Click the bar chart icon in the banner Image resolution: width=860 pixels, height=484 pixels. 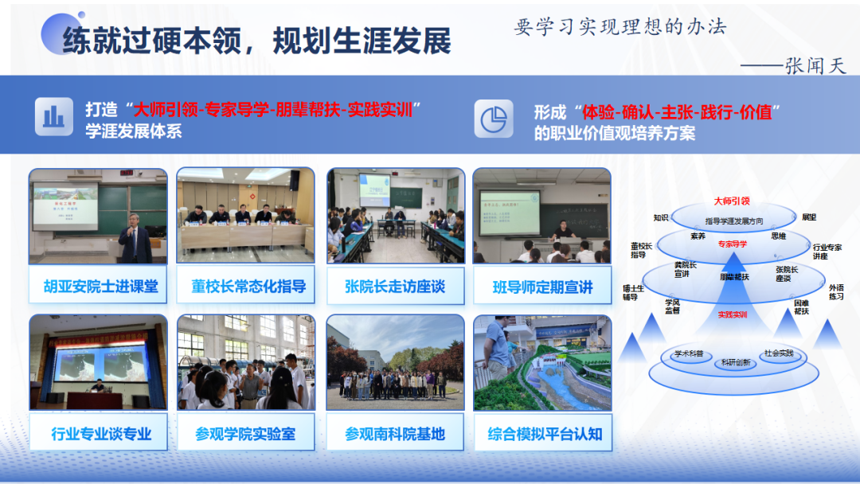[x=54, y=118]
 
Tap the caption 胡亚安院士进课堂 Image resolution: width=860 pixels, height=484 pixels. [x=100, y=287]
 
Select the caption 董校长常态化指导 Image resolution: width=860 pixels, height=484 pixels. [x=248, y=287]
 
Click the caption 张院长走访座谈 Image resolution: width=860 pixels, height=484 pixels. [x=395, y=287]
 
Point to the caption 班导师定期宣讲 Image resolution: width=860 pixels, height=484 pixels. [x=542, y=287]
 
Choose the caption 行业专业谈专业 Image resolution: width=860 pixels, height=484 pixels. [x=100, y=434]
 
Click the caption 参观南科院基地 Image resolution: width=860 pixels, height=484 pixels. [x=395, y=434]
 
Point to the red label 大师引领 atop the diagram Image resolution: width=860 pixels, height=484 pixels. [x=733, y=202]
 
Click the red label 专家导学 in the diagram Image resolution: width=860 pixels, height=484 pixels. [x=733, y=244]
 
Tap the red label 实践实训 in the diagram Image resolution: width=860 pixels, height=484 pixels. [x=733, y=314]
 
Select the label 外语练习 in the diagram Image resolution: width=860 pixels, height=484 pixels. [x=836, y=292]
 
